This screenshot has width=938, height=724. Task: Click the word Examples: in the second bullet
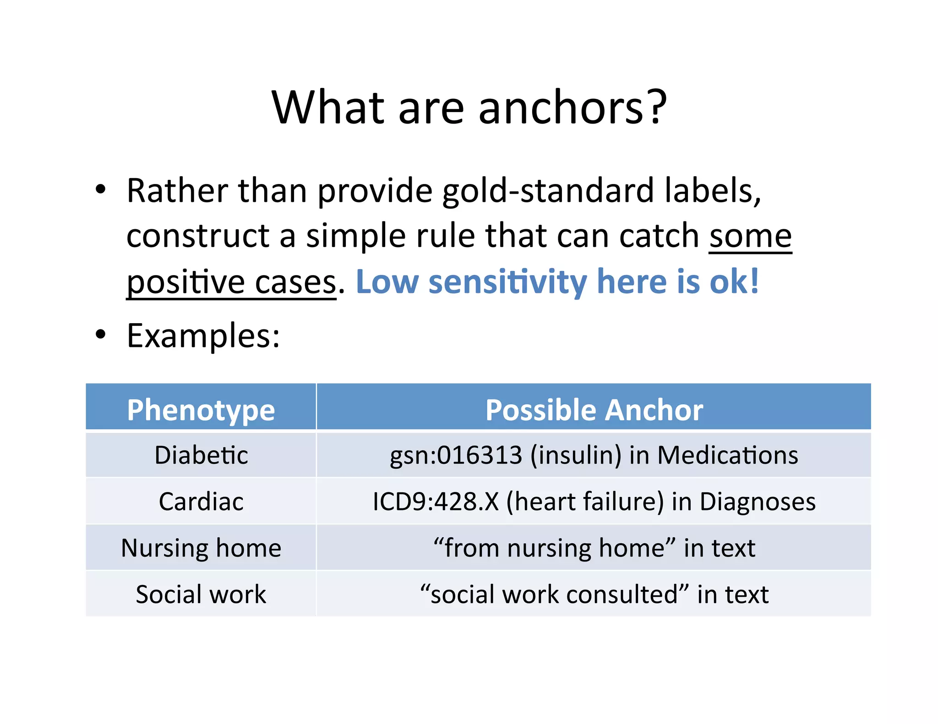coord(203,336)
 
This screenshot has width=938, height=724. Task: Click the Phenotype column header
coord(201,410)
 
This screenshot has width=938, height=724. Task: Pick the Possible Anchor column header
coord(594,410)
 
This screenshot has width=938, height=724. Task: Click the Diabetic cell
coord(201,455)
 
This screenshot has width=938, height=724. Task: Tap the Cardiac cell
coord(201,502)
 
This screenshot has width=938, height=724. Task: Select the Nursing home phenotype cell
coord(201,548)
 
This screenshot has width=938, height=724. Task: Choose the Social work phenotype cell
coord(201,594)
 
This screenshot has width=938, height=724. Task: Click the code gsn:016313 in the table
coord(455,455)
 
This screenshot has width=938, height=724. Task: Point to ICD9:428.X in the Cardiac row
coord(435,502)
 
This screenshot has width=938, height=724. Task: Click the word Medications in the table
coord(728,455)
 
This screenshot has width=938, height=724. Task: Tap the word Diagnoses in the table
coord(758,502)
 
